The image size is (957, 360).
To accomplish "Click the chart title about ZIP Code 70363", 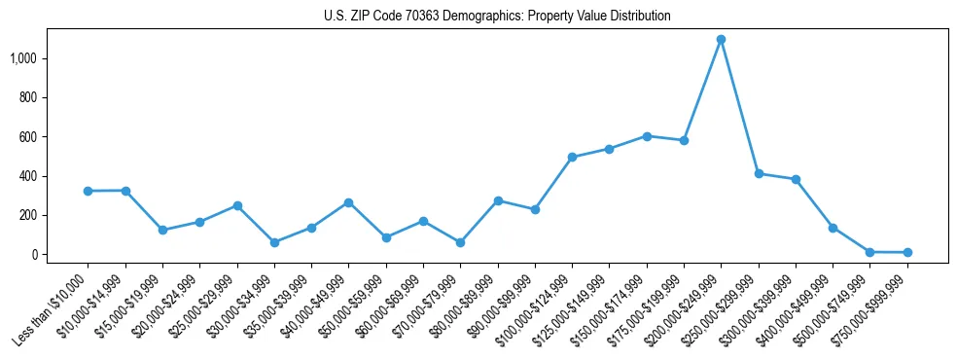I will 497,17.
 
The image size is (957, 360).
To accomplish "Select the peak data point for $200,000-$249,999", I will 721,40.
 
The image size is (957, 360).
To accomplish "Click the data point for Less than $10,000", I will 88,191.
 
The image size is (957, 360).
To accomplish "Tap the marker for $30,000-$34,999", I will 274,242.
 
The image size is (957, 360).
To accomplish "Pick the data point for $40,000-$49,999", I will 348,202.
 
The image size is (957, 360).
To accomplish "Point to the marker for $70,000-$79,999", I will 460,242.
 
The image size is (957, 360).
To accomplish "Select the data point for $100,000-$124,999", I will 572,157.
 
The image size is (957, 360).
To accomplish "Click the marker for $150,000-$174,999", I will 647,136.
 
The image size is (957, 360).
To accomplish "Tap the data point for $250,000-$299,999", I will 759,173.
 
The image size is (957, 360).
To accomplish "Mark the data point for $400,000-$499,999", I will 833,228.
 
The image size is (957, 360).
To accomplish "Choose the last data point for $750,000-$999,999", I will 907,252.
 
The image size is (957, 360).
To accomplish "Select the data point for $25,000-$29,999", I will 236,205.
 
